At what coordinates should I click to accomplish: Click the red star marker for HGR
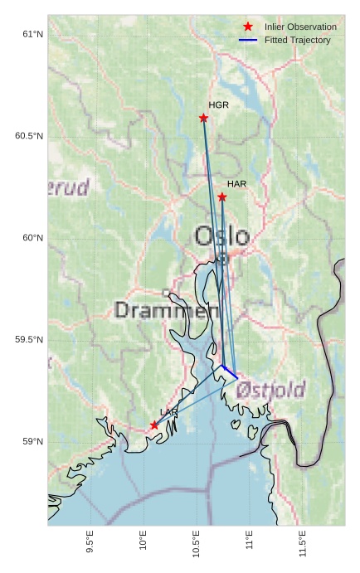click(x=203, y=118)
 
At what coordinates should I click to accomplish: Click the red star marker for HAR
click(x=222, y=197)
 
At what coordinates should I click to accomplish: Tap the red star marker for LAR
click(x=154, y=425)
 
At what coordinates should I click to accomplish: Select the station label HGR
click(x=218, y=105)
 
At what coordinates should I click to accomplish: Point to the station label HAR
click(x=237, y=183)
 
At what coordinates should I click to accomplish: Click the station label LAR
click(x=168, y=411)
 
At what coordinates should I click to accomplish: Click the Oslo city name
click(x=221, y=236)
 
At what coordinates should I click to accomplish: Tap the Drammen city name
click(x=166, y=311)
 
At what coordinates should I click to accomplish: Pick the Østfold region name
click(x=270, y=389)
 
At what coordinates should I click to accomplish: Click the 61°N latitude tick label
click(x=32, y=34)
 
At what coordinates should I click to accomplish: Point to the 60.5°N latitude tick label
click(x=28, y=136)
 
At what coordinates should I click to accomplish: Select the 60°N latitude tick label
click(x=32, y=238)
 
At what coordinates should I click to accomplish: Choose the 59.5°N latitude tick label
click(x=28, y=340)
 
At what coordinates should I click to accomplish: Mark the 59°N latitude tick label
click(x=32, y=442)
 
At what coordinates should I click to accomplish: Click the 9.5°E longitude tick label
click(x=90, y=542)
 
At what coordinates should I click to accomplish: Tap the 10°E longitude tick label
click(x=143, y=542)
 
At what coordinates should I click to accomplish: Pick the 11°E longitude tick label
click(x=249, y=542)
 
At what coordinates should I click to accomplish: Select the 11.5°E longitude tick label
click(x=302, y=542)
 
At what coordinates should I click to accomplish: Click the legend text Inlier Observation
click(x=300, y=27)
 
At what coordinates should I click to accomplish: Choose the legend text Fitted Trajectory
click(x=297, y=40)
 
